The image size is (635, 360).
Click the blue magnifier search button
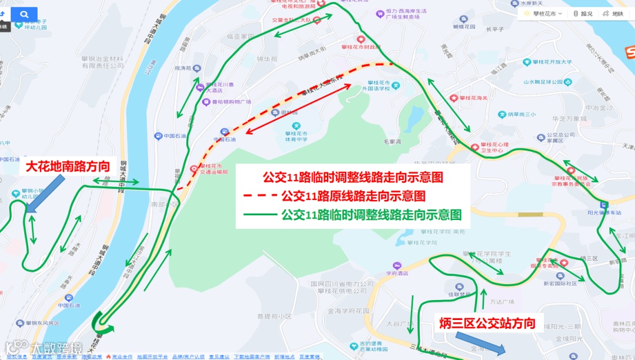[24, 14]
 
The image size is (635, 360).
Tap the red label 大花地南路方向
[68, 167]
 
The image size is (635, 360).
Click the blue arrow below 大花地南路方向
[43, 194]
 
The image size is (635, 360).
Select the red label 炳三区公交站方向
[487, 323]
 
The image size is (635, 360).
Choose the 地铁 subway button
[613, 14]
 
